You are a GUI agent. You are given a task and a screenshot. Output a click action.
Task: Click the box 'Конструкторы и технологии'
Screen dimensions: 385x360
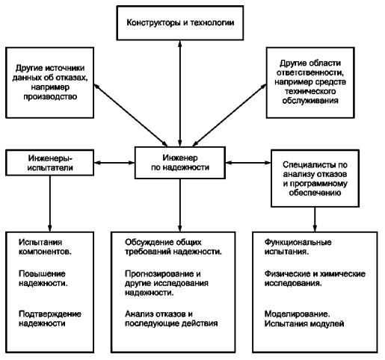(180, 23)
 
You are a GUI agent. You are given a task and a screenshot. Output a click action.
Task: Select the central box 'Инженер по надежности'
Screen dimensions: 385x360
(180, 163)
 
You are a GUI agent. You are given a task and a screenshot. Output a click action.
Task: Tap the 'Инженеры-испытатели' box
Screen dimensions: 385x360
(50, 163)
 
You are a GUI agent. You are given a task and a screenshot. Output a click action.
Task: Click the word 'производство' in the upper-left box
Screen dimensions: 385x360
(50, 96)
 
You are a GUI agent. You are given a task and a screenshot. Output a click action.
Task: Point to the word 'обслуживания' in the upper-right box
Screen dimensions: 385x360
(310, 101)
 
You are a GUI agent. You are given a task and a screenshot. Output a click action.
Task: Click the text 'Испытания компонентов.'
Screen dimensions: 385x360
(45, 247)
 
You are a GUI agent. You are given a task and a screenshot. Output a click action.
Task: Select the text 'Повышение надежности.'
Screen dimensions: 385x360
(43, 279)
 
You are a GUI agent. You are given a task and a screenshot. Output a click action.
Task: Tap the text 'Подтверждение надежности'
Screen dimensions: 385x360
(50, 319)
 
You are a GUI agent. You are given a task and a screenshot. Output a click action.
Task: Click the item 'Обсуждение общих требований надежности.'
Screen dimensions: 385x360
(173, 247)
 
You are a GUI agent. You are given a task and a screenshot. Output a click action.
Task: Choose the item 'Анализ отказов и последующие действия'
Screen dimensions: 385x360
(171, 319)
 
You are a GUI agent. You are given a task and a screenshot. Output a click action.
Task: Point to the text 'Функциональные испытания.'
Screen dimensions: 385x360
(298, 247)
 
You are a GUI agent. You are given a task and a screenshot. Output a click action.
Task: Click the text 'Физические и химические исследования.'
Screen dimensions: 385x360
(315, 279)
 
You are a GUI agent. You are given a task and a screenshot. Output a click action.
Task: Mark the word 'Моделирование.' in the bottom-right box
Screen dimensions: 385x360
(297, 314)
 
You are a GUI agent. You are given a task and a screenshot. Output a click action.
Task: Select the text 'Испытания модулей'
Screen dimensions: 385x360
(304, 323)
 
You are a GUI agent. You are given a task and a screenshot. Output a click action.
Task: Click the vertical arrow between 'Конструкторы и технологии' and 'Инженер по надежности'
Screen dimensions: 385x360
(180, 93)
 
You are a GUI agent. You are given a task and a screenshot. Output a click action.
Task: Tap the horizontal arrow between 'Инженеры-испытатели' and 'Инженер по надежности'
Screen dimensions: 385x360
(114, 163)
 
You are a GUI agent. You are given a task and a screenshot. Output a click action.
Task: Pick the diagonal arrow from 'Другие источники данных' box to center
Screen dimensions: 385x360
(131, 115)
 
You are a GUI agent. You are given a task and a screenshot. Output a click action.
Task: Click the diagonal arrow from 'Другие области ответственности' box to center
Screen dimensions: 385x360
(230, 115)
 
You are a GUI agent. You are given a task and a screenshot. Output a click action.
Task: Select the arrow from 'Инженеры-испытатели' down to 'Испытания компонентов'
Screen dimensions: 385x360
(50, 204)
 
